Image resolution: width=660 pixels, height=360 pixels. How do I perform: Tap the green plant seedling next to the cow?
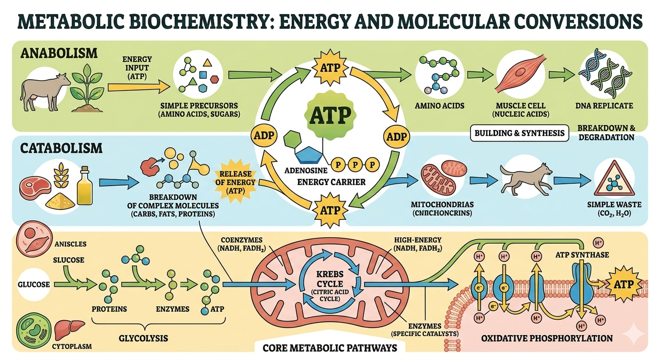click(x=86, y=87)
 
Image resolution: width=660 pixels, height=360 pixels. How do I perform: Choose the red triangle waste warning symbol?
click(x=611, y=183)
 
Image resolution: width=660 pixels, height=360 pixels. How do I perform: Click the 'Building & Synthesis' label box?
click(x=519, y=133)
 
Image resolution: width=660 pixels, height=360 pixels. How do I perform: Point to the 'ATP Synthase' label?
click(x=588, y=255)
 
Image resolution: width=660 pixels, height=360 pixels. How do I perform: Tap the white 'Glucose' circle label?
click(x=34, y=284)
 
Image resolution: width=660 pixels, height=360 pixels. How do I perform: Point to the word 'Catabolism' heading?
click(x=61, y=149)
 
